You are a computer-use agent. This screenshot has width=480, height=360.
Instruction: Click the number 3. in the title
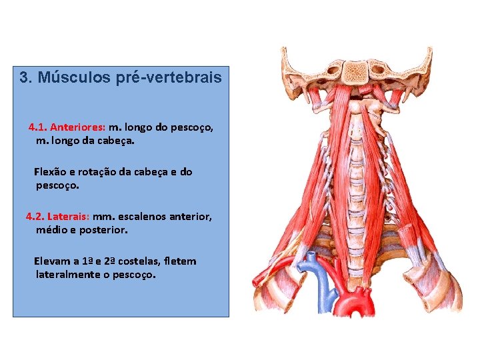pyautogui.click(x=26, y=77)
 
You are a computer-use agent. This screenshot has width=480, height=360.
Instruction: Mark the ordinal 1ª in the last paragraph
pyautogui.click(x=93, y=261)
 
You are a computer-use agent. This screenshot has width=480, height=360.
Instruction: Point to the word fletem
pyautogui.click(x=182, y=261)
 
